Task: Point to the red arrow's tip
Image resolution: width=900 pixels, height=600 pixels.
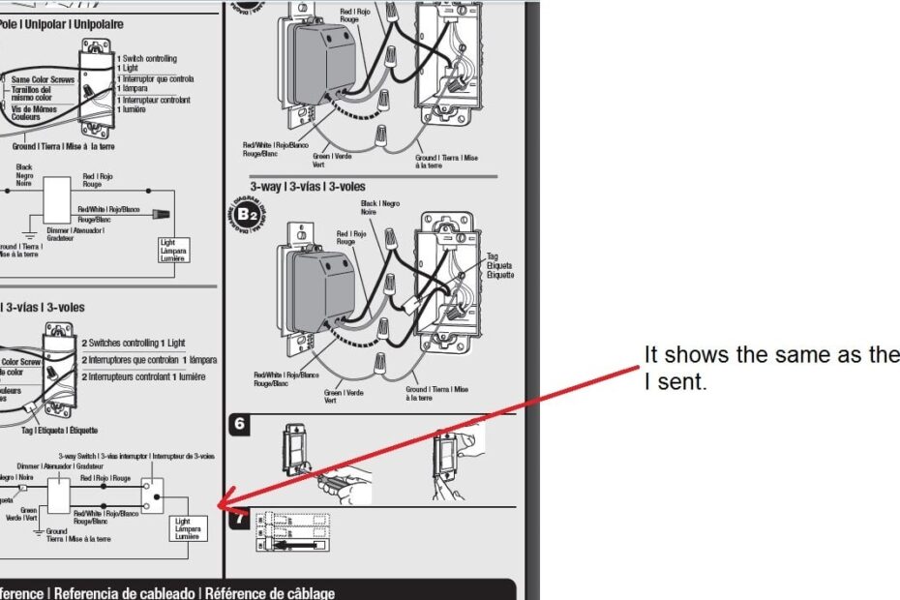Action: (x=218, y=506)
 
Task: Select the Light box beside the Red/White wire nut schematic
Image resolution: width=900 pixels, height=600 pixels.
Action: (x=174, y=249)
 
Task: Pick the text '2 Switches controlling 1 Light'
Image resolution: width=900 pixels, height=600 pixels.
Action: (x=134, y=344)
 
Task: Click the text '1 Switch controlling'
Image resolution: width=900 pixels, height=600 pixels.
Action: (x=147, y=59)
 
